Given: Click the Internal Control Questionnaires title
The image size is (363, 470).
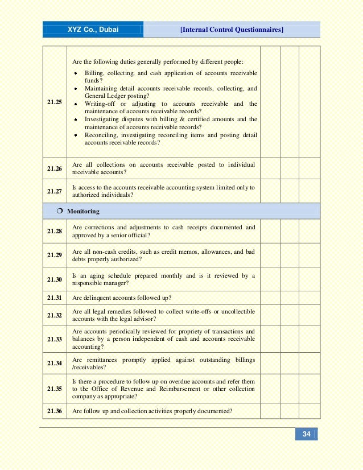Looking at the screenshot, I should tap(232, 29).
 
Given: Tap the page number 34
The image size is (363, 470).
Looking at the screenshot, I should tap(306, 434).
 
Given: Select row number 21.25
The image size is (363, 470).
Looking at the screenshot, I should tap(55, 102).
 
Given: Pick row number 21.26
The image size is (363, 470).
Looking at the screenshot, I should tap(55, 168).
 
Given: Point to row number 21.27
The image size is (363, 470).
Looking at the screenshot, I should tap(55, 191).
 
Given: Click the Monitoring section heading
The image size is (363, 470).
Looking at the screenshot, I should tap(83, 211).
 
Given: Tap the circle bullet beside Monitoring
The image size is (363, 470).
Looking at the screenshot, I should tap(60, 211).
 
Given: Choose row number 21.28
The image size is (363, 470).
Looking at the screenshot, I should tap(55, 231).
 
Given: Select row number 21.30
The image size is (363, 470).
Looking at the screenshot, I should tap(55, 279).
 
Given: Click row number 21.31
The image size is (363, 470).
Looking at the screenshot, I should tap(55, 298).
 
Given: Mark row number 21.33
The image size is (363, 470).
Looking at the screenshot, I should tap(55, 339).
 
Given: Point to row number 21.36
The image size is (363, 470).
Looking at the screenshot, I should tap(55, 411).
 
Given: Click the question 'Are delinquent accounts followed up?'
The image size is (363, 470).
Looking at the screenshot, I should tap(122, 298).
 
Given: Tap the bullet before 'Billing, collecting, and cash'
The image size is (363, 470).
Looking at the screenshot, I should tap(76, 73).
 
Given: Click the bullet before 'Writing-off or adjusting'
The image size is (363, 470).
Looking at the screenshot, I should tap(76, 104).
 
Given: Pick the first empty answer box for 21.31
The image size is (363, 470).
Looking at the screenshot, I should tap(271, 298).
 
